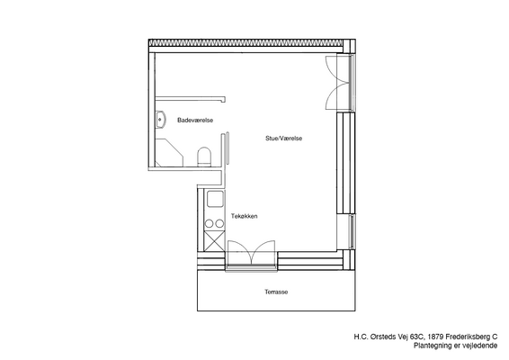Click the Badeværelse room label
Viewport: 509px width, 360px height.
[195, 121]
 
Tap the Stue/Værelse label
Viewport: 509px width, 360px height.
[283, 138]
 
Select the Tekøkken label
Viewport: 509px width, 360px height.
[244, 216]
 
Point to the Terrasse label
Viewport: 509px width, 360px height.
[276, 292]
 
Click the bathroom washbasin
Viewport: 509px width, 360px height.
[160, 120]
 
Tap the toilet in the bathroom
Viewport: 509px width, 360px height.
[204, 157]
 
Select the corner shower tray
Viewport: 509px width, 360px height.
[169, 153]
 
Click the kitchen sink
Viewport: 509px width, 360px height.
[215, 199]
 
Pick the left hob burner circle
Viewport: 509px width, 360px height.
[209, 223]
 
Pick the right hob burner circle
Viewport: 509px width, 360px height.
[219, 223]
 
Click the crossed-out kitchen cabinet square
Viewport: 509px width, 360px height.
[214, 241]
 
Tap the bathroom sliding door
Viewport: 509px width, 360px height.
[228, 148]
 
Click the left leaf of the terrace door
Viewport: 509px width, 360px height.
[240, 252]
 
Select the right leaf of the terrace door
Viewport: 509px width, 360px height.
[263, 252]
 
